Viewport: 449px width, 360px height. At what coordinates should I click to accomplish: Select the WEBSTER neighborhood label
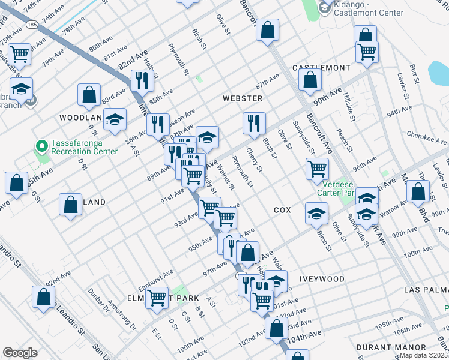click(243, 98)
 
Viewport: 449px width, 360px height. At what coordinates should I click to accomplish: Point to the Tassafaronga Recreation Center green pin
click(42, 146)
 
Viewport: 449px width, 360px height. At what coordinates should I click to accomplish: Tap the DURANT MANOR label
click(391, 347)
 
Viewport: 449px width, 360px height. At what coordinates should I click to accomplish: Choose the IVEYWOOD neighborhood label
click(323, 279)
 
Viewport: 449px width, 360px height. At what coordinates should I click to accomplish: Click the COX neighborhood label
click(282, 210)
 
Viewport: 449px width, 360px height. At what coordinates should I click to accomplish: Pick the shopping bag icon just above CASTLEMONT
click(310, 79)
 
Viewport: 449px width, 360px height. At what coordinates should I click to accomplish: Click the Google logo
click(20, 353)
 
